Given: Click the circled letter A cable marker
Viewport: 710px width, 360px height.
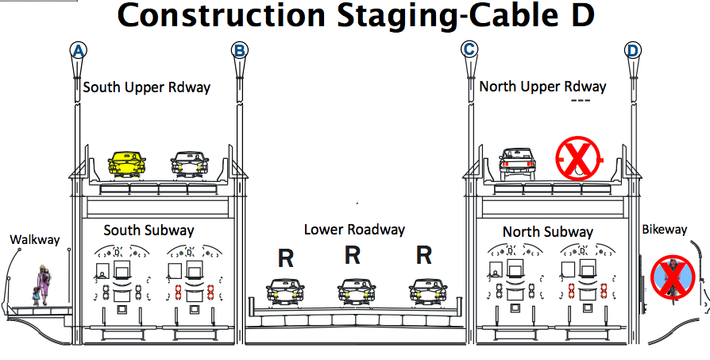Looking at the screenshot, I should tap(78, 51).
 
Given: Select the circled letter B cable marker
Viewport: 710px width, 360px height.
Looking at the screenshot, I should tap(239, 51).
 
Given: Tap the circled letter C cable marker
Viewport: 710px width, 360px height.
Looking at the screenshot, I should tap(469, 50).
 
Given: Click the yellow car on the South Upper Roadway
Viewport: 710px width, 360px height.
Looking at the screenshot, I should tap(127, 164).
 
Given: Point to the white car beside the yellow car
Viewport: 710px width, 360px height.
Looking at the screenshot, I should tap(190, 164).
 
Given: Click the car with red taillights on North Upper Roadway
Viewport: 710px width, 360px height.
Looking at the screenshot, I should tap(517, 163).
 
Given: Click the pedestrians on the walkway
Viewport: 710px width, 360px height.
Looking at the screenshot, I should tap(42, 287).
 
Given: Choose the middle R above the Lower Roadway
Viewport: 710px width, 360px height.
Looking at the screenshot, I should tap(353, 256).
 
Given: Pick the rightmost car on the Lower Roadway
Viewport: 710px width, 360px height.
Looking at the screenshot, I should tap(427, 292).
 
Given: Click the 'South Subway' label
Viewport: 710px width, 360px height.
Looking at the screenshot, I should tap(149, 231).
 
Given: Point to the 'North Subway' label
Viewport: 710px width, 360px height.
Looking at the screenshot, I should tap(547, 232).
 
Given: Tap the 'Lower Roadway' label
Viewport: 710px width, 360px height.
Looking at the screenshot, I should tap(354, 230).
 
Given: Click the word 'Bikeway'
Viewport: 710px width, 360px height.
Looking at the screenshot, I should tap(664, 230).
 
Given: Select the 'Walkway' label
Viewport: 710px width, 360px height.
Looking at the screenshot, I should tap(35, 239).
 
